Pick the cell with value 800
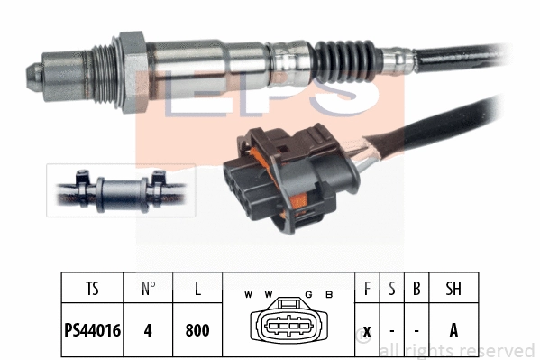(197, 330)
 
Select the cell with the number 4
(148, 330)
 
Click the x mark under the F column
(365, 330)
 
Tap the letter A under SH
(453, 330)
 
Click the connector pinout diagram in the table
(288, 326)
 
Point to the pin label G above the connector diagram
(307, 295)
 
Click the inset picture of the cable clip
(121, 190)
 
